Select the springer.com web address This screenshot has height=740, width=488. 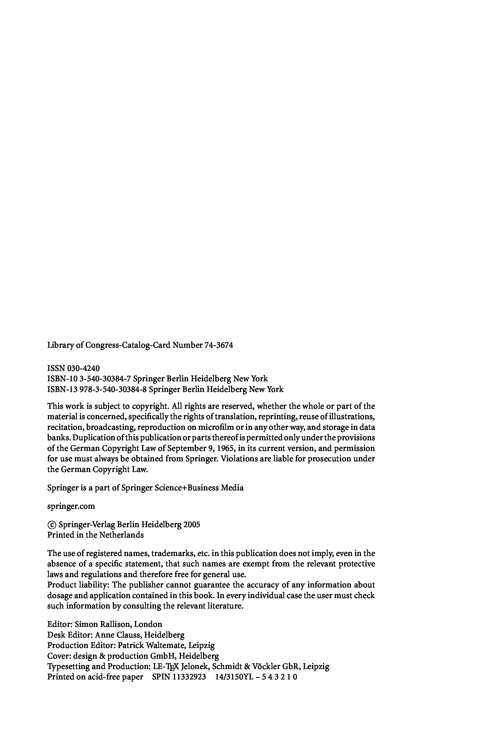coord(71,506)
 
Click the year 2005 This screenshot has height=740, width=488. coord(192,525)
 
